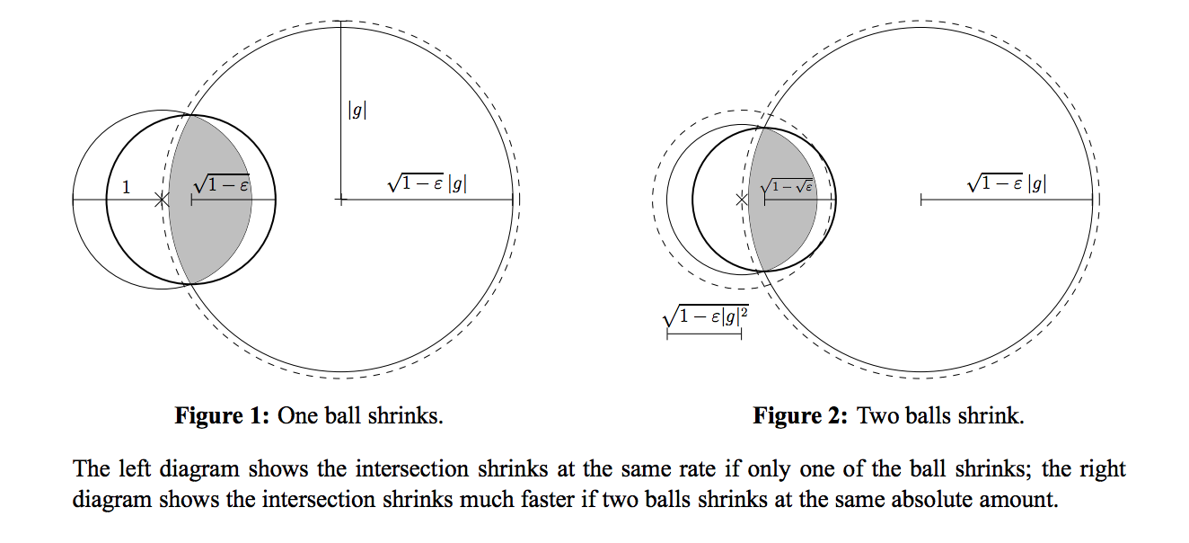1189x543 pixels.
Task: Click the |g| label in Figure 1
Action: coord(357,111)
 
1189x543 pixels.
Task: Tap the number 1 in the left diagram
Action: coord(126,187)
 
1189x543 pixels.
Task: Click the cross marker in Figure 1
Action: coord(161,200)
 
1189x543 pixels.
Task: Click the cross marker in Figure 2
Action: coord(742,200)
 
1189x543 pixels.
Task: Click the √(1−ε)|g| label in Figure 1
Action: coord(427,183)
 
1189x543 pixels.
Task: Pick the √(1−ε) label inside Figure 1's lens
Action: coord(221,184)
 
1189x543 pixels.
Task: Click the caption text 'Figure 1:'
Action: coord(222,416)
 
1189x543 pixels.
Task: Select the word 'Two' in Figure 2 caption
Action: coord(876,416)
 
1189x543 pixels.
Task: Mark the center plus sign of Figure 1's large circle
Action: coord(340,200)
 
